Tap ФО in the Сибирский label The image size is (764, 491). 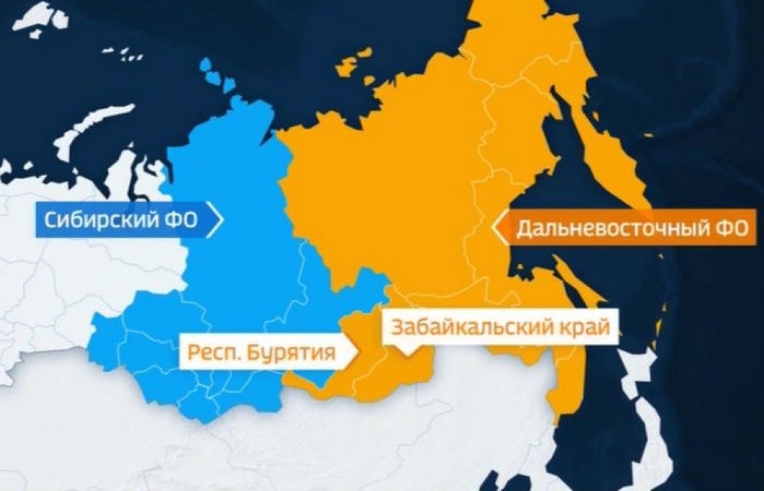pyautogui.click(x=179, y=221)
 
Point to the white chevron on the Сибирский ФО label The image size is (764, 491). pyautogui.click(x=216, y=220)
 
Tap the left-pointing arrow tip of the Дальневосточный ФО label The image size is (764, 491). pyautogui.click(x=496, y=228)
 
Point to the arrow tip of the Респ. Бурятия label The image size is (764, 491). pyautogui.click(x=357, y=353)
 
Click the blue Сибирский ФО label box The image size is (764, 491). pyautogui.click(x=123, y=221)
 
